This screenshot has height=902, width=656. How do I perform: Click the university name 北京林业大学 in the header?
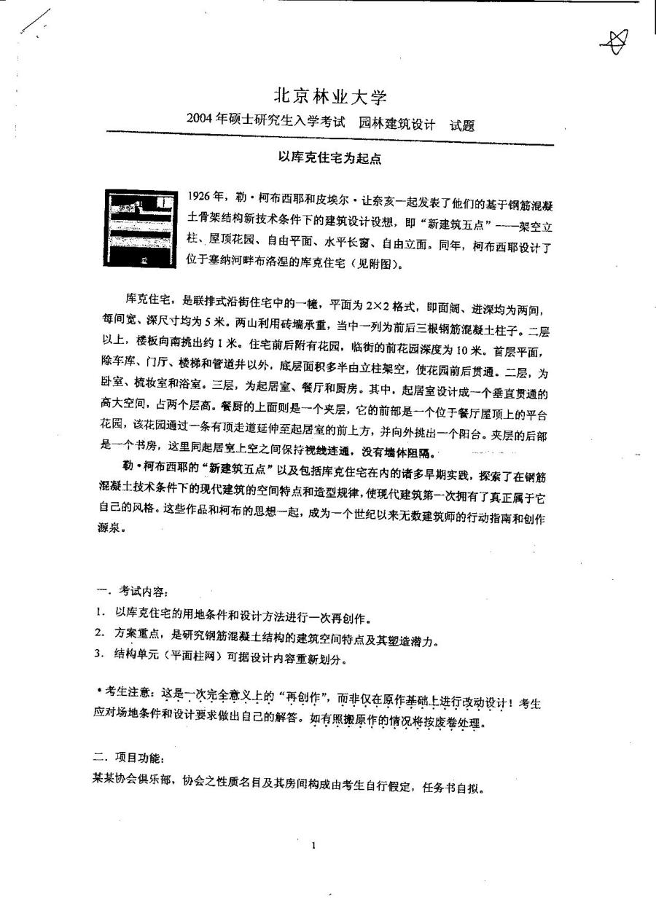tap(329, 98)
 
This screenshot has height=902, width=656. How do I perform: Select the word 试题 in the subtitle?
tap(461, 125)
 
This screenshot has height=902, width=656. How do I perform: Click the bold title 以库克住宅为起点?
tap(329, 157)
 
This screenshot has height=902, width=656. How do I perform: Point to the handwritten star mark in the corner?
tap(613, 44)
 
